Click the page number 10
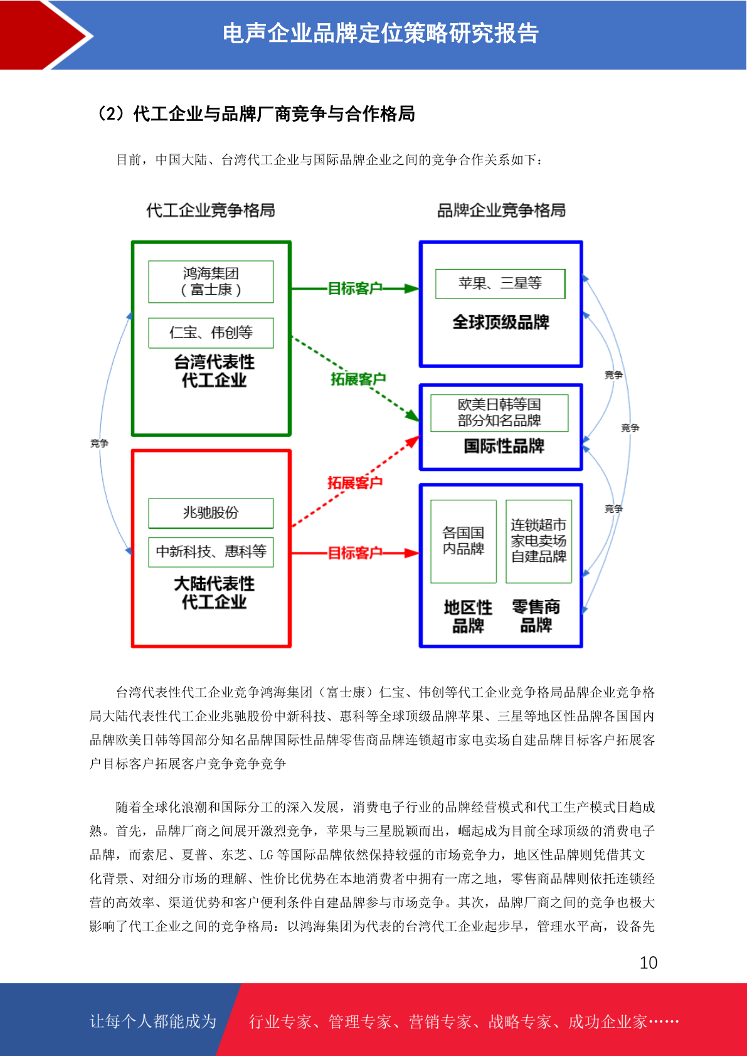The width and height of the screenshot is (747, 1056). point(648,962)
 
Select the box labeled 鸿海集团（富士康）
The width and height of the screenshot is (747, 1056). point(211,282)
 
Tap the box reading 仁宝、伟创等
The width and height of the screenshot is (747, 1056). point(211,333)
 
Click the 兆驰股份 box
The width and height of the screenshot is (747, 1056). point(211,513)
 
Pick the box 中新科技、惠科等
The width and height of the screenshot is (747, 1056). point(211,552)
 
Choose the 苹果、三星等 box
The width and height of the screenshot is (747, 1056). point(500,283)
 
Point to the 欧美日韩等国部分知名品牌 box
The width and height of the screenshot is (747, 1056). point(499,413)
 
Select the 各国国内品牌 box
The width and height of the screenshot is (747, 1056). point(463,541)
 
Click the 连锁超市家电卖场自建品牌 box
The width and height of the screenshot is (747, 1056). point(539,541)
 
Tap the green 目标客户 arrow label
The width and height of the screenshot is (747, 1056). point(354,288)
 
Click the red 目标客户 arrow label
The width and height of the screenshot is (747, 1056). point(354,552)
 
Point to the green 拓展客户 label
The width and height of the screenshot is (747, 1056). point(358,379)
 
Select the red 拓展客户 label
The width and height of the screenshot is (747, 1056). point(354,482)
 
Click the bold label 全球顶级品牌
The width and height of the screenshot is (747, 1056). point(501,322)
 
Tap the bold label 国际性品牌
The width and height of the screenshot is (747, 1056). point(504,446)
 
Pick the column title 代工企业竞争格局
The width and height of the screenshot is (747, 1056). point(210,210)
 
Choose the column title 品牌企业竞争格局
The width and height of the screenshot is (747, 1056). point(501,210)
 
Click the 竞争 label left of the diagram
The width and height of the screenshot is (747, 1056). point(100,443)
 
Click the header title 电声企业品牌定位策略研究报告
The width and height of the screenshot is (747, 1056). point(381,33)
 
